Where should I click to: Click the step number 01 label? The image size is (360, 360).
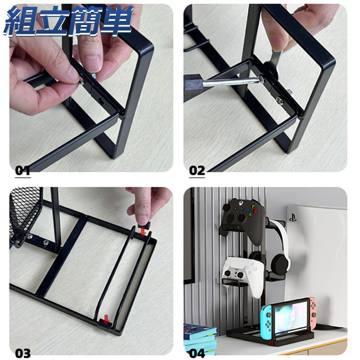click(x=23, y=171)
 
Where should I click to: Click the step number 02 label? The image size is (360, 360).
click(x=197, y=171)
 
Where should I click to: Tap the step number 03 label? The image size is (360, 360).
click(x=23, y=353)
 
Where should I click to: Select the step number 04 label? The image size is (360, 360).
click(x=197, y=353)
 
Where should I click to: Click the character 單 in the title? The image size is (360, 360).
click(x=116, y=21)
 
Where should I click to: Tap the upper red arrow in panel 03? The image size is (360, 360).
click(x=143, y=231)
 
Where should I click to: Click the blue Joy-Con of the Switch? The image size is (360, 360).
click(x=266, y=319)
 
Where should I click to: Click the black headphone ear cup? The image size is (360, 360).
click(x=280, y=264)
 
